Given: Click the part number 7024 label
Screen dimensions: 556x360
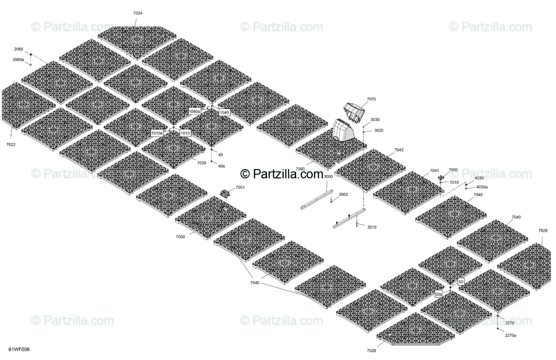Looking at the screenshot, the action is [x=138, y=13].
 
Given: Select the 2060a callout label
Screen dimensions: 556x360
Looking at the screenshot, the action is [x=19, y=60].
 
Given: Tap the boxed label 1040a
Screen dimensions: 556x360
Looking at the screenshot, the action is [x=195, y=112].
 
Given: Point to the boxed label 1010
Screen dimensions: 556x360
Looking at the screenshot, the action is [x=185, y=133].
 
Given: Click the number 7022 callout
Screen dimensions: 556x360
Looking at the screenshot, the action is [x=11, y=145].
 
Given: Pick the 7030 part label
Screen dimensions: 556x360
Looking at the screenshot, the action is [x=202, y=163].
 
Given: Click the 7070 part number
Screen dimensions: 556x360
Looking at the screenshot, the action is [x=371, y=99].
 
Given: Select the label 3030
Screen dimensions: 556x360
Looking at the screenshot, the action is [x=375, y=120].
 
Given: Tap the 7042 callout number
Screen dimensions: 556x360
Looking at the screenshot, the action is [x=399, y=150].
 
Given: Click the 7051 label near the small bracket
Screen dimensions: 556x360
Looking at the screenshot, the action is [x=240, y=187].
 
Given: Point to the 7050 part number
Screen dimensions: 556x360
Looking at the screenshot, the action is [x=180, y=237].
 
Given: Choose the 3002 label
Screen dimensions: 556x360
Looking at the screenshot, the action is [x=343, y=194].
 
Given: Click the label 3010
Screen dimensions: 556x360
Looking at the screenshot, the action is [x=372, y=227].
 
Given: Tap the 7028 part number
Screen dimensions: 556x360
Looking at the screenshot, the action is [x=543, y=230].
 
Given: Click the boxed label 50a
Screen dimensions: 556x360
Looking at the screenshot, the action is [x=438, y=294].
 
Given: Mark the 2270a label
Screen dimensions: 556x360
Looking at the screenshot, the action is [x=511, y=335].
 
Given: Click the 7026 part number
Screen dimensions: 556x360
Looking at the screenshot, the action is [x=372, y=350].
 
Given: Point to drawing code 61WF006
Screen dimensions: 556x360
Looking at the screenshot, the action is [x=16, y=349].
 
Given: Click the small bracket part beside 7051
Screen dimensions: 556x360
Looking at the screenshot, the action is [x=226, y=194].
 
